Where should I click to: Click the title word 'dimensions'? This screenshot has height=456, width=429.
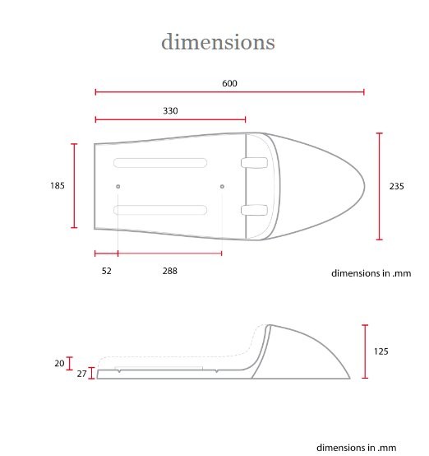tap(218, 42)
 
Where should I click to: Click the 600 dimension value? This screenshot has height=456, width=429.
tap(229, 83)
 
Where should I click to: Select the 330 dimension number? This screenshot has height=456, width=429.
tap(170, 111)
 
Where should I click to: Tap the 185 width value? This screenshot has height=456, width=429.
tap(58, 185)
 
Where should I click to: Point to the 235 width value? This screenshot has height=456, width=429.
tap(396, 186)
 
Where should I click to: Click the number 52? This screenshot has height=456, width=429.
tap(106, 271)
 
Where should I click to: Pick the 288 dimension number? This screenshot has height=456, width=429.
tap(169, 271)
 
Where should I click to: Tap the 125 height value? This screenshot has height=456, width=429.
tap(381, 351)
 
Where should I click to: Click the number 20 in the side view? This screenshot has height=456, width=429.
tap(59, 363)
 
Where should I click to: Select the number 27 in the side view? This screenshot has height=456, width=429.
tap(81, 374)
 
